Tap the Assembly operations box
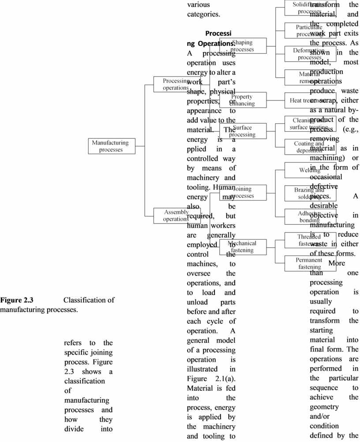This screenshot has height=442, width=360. pos(176,216)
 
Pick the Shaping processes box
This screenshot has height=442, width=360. pos(243,46)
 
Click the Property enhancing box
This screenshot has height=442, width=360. pos(243,100)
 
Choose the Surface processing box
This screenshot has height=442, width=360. pos(243,131)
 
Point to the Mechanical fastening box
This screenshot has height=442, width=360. pos(243,247)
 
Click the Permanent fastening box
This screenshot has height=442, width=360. pos(310,264)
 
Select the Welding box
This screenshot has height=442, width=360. pos(310,170)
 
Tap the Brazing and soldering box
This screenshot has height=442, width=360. pos(310,193)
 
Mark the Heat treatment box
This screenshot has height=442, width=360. pos(310,100)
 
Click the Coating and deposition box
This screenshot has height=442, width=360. pos(310,147)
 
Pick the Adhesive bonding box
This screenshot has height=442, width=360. pos(310,216)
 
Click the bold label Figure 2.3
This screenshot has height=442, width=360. pos(17,301)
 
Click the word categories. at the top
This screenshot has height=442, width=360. pos(203,14)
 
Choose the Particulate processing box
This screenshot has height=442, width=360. pos(310,30)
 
